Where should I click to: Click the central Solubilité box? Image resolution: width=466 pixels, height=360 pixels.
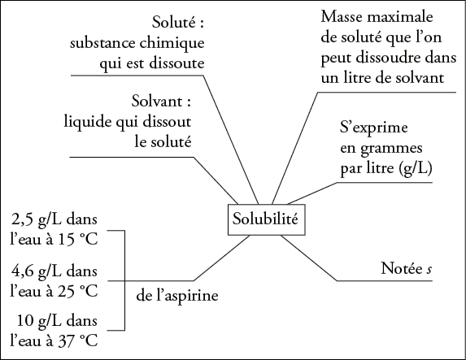pos(266,219)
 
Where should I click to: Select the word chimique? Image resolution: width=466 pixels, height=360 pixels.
pos(172,43)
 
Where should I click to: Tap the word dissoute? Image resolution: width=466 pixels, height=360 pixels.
pos(176,63)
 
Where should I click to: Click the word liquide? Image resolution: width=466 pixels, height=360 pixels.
pos(88,123)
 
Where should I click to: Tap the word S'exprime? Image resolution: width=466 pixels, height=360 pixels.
pos(374,128)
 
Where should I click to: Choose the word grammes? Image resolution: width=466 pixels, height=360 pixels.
pos(391,149)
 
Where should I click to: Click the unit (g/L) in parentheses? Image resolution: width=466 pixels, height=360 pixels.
pos(415,169)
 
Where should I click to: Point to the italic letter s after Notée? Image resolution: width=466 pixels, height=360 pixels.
pos(429,270)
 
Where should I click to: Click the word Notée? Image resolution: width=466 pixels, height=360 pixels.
pos(402,268)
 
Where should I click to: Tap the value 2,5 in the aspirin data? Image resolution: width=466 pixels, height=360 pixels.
pos(23,219)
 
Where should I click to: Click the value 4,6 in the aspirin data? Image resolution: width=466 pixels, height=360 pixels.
pos(23,271)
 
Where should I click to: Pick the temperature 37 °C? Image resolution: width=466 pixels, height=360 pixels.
pos(78,341)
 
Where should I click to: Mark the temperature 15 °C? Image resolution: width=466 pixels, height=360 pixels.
pos(78,240)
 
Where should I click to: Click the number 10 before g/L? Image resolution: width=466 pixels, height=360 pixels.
pos(24,321)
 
